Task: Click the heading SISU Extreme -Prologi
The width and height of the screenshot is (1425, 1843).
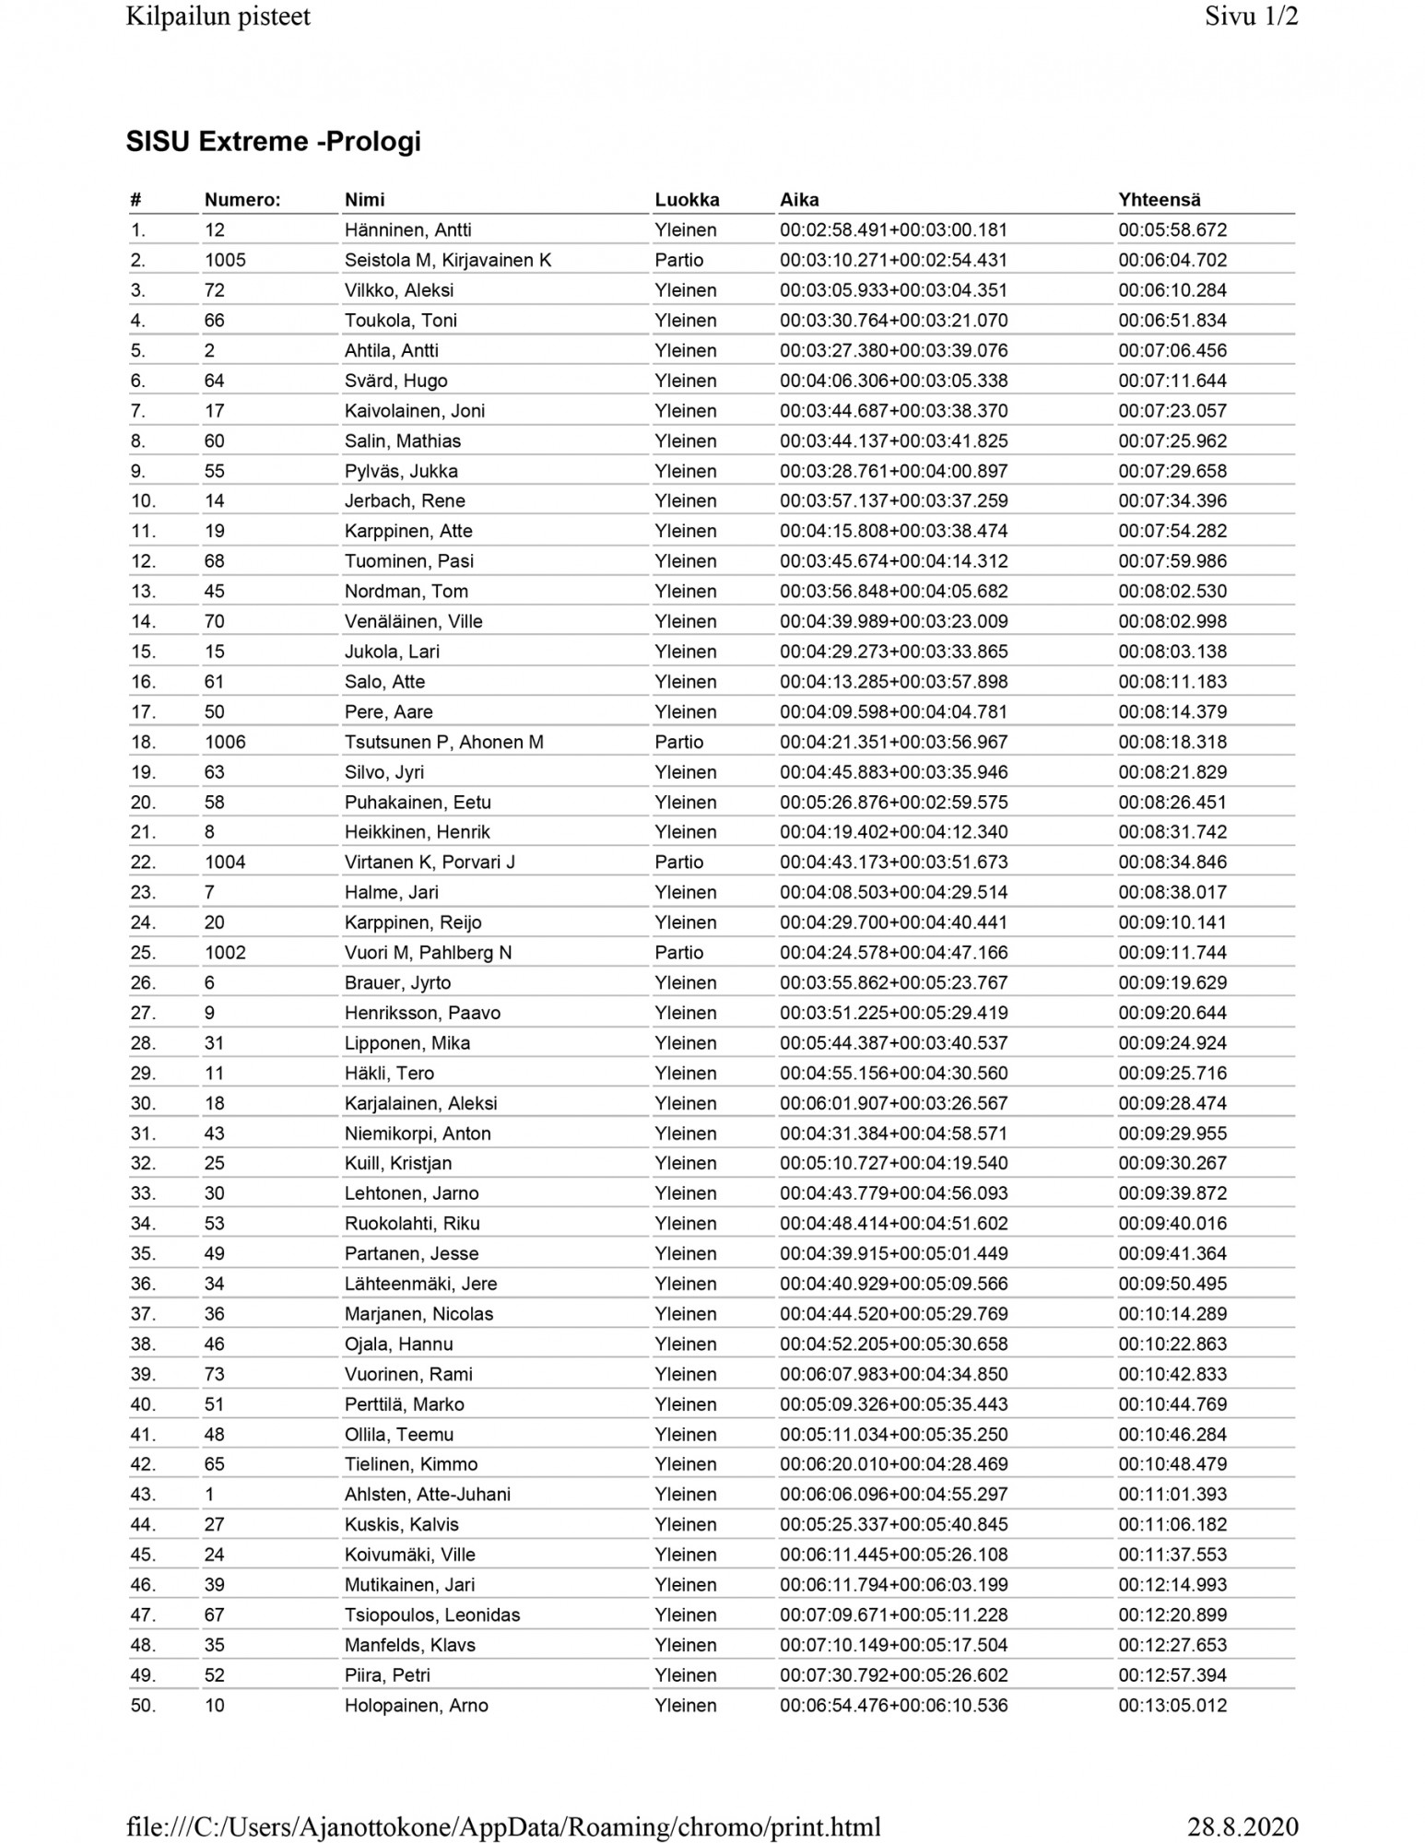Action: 273,141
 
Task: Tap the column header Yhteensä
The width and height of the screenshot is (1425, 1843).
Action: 1159,200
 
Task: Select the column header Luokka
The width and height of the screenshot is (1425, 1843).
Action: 687,200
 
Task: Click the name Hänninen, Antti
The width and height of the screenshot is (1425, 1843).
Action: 407,230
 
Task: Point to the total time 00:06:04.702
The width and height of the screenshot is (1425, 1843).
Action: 1172,260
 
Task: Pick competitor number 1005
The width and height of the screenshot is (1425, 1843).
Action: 225,260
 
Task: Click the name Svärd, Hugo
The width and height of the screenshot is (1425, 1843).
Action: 395,381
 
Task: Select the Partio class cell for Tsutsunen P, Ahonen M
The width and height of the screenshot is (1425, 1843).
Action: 678,742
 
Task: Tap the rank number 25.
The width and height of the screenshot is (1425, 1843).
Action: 143,953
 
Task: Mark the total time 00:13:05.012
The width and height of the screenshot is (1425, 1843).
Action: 1172,1706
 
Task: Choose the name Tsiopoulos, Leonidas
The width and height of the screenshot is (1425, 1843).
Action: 431,1615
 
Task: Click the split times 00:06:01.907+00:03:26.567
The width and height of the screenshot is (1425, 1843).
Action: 893,1103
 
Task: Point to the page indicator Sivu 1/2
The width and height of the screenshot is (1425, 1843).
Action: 1251,17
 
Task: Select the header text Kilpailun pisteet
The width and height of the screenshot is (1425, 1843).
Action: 218,17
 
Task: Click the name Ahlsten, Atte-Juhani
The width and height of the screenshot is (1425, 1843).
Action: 427,1495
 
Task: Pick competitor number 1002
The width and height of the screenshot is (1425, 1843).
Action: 225,953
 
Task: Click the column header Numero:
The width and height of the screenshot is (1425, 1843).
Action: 241,200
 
